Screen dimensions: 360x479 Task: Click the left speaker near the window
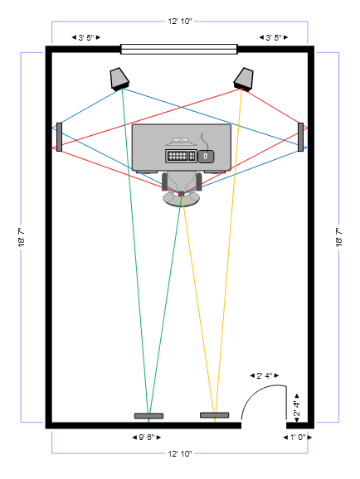119,79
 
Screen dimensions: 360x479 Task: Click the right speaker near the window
244,79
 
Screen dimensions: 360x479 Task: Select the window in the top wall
179,49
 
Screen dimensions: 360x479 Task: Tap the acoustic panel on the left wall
60,137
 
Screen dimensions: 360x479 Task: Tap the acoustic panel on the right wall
300,137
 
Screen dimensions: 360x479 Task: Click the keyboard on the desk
181,156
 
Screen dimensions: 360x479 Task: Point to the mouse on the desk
206,156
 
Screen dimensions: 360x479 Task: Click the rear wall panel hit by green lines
148,416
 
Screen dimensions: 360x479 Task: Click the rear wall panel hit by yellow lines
214,415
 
